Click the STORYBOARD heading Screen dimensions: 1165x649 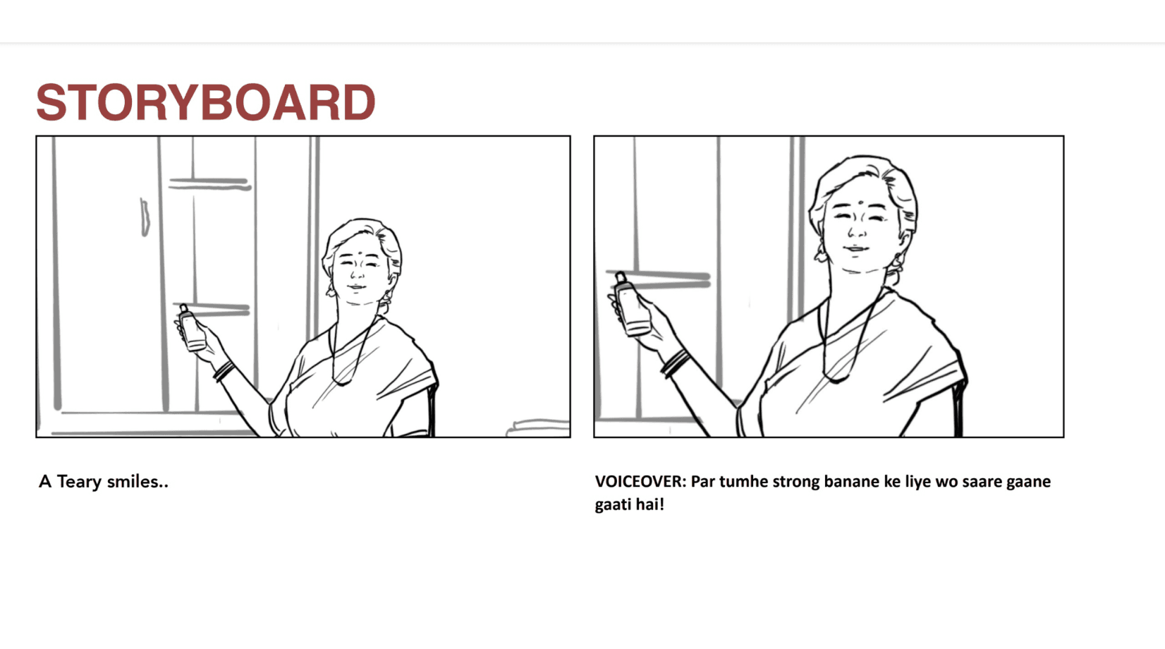point(205,102)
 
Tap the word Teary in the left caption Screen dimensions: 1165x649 point(79,482)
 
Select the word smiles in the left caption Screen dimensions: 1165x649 point(132,481)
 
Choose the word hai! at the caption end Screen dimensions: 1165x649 point(650,504)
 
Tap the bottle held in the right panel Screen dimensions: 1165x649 point(631,304)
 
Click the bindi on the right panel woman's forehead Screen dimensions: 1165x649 point(862,202)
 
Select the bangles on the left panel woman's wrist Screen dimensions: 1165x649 point(224,371)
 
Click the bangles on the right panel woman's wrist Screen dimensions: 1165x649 point(676,363)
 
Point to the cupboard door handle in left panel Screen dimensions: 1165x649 point(145,217)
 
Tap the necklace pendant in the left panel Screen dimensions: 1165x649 point(343,382)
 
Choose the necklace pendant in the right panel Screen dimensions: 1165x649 point(836,378)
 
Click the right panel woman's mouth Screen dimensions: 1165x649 point(857,249)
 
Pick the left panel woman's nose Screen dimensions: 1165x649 point(358,274)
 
